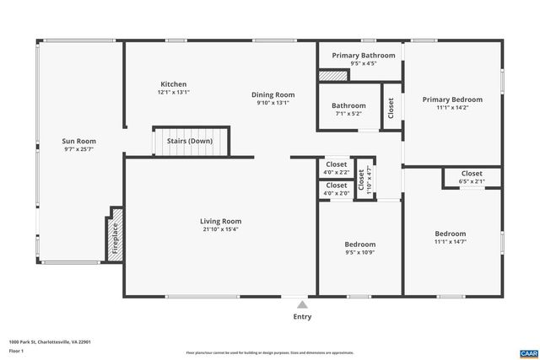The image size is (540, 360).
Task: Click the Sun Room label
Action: (79, 142)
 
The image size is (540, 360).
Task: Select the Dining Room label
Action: (273, 94)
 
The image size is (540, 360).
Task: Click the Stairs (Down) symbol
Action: (192, 142)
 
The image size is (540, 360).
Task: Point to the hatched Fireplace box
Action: (116, 235)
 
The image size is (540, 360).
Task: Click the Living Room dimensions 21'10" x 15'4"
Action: (221, 229)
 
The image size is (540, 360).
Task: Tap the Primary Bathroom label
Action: (363, 56)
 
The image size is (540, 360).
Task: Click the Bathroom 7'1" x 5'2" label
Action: (348, 106)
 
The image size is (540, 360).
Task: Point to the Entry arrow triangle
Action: (302, 302)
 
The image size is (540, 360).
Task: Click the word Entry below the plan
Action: (302, 317)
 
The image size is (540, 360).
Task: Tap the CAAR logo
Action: (527, 351)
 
